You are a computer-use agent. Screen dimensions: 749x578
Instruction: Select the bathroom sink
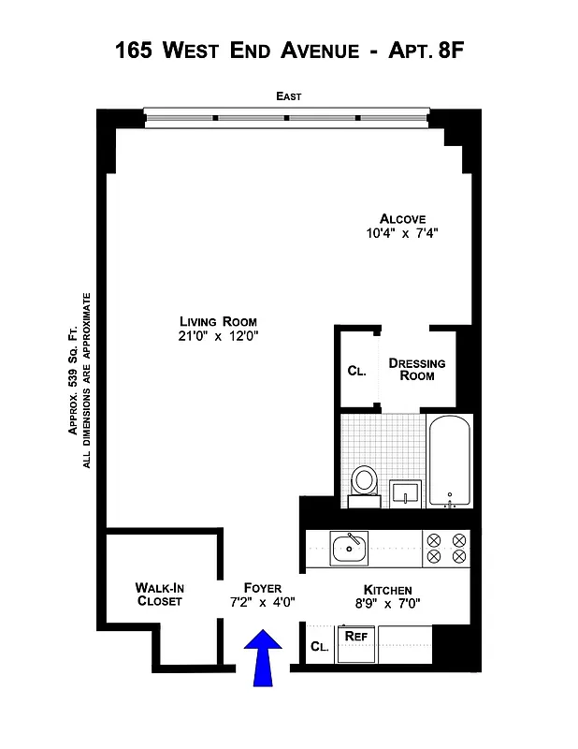[405, 491]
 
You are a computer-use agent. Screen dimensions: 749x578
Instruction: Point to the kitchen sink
[350, 548]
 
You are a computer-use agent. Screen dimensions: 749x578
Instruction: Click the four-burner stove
[446, 548]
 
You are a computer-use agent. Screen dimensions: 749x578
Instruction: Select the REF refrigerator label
[354, 636]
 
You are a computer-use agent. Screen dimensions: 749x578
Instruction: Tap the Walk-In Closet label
[160, 595]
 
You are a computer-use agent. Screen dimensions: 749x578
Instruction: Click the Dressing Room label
[417, 369]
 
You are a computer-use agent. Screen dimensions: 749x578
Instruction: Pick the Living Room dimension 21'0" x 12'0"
[218, 337]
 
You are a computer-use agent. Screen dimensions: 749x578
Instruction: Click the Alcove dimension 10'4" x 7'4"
[402, 234]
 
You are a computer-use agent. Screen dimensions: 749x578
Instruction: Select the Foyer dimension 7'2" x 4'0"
[263, 603]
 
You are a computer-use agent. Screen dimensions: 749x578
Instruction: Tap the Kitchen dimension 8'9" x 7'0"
[387, 605]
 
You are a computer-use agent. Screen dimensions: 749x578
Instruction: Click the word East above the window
[288, 96]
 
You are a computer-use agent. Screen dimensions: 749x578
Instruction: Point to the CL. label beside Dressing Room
[356, 371]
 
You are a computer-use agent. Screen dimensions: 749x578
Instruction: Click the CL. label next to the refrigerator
[319, 646]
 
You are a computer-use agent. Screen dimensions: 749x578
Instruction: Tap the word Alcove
[402, 219]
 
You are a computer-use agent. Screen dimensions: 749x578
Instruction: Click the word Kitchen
[387, 590]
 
